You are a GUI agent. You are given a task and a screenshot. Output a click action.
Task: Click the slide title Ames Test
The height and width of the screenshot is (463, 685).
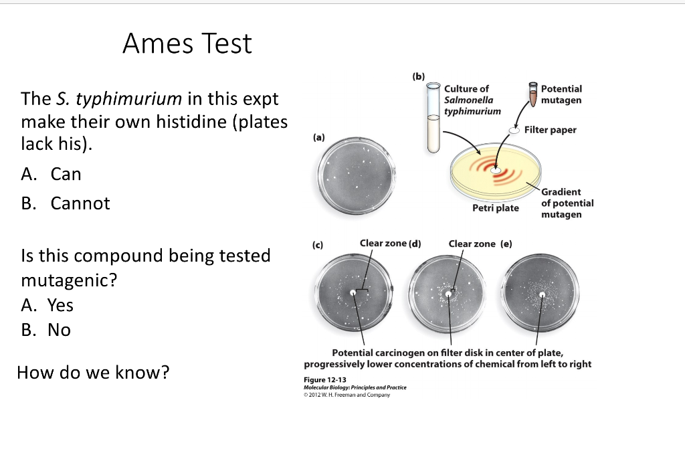click(187, 44)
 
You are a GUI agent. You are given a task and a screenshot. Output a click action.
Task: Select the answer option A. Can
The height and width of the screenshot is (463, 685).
click(52, 174)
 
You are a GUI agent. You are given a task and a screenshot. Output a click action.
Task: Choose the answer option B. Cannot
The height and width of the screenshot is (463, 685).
click(66, 203)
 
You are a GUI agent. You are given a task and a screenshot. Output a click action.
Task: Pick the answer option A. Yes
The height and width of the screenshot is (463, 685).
click(47, 305)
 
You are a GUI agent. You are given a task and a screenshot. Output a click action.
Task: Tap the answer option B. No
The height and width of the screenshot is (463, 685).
click(46, 330)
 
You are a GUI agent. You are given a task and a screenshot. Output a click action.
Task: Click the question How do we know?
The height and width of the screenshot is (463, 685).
click(93, 372)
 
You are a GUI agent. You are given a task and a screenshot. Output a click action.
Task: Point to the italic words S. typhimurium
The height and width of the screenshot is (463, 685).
click(115, 100)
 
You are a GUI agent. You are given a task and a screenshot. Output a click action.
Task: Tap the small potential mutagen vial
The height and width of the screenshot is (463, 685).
click(533, 94)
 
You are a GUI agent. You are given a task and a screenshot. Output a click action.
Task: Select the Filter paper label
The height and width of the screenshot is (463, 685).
click(550, 130)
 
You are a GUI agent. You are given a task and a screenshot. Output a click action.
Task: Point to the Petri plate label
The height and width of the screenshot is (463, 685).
click(495, 208)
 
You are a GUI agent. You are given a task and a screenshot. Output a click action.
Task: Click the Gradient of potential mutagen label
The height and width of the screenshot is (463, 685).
click(567, 203)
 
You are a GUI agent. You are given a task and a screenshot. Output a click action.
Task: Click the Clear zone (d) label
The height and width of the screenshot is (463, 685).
click(390, 244)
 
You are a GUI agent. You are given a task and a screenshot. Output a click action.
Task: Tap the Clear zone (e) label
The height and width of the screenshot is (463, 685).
click(480, 244)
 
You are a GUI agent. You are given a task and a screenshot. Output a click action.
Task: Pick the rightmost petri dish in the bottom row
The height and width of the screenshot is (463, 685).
click(543, 292)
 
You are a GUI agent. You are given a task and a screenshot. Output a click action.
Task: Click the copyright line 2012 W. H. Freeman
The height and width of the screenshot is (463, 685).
click(347, 395)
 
